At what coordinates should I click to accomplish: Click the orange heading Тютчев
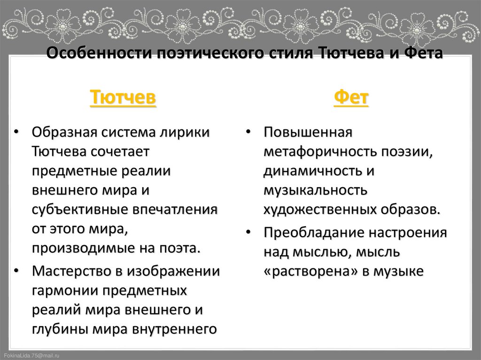point(123,99)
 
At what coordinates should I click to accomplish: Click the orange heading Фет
point(351,99)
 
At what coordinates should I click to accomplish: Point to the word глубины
point(59,329)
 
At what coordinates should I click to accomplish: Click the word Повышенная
point(308,132)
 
